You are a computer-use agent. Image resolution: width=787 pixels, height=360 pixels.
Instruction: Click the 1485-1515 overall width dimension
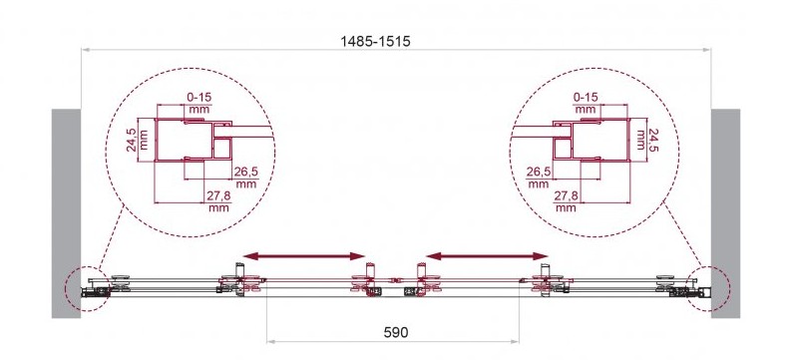(x=375, y=42)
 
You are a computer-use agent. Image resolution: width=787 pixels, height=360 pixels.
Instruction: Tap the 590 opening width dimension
(x=396, y=332)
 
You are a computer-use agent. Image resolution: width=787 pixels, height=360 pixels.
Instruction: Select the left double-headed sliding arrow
(x=304, y=256)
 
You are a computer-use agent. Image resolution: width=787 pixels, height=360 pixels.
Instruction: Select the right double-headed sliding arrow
(x=488, y=256)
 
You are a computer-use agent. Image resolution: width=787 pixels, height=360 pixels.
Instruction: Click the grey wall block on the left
(x=66, y=213)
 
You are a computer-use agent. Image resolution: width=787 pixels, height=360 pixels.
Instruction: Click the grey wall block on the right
(x=725, y=213)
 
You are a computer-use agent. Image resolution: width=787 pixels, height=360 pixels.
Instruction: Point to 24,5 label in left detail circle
(x=131, y=140)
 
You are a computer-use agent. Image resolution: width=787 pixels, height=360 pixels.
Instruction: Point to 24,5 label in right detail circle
(x=653, y=140)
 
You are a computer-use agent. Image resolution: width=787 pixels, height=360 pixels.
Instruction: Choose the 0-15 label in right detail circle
(x=586, y=97)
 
